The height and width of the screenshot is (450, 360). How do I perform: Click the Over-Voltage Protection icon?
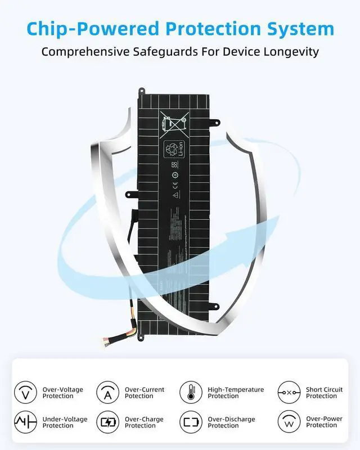tap(25, 392)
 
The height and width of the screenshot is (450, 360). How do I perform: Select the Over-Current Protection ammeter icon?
tap(107, 392)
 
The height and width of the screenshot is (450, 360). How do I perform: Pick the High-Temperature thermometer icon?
tap(190, 392)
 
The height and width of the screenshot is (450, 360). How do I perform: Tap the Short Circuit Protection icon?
tap(289, 392)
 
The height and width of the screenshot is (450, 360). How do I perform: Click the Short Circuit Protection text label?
tap(324, 393)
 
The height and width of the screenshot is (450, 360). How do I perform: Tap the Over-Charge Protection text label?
tap(145, 422)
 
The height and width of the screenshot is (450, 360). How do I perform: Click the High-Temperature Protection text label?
tap(236, 393)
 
